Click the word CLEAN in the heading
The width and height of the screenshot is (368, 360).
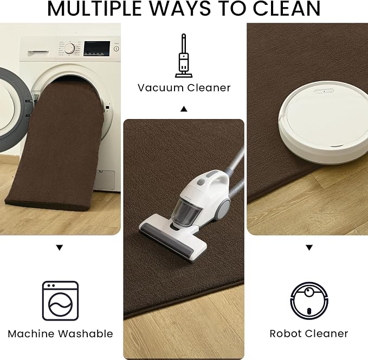coord(286,9)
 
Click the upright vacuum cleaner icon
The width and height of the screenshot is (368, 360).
coord(184,56)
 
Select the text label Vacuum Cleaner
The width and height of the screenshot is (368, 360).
coord(184,88)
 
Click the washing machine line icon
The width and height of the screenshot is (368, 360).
coord(60,300)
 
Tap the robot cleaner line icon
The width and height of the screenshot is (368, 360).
coord(309,300)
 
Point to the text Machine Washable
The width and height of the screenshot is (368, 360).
coord(60,334)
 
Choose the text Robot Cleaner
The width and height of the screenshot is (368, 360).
coord(309,334)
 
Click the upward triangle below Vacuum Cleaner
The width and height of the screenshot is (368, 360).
coord(184,109)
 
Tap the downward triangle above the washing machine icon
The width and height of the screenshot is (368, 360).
coord(60,248)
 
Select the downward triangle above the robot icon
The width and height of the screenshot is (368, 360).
coord(309,248)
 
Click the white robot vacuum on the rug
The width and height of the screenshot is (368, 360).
coord(324,122)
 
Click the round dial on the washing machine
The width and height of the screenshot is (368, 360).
coord(69,49)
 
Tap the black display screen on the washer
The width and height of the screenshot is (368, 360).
coord(97,49)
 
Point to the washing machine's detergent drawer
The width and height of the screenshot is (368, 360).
coord(38,53)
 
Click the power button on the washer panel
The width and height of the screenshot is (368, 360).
coord(116,49)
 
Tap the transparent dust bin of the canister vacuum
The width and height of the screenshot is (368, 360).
coord(186,212)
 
